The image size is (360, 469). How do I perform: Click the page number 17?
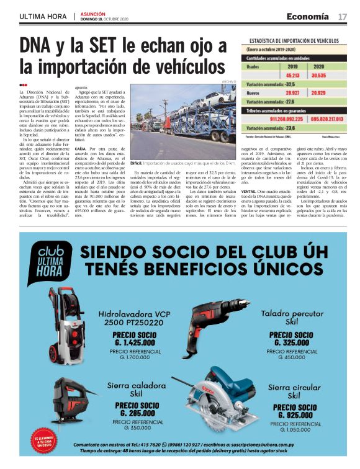pos(342,16)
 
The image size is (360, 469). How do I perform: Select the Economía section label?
pos(307,16)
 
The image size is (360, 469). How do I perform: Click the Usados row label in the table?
pos(253,65)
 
